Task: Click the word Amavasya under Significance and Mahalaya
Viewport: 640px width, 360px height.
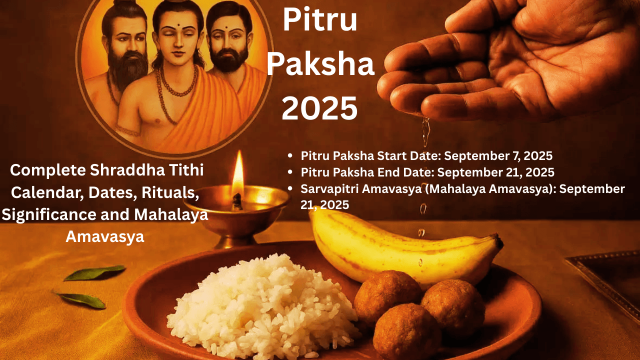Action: click(x=105, y=236)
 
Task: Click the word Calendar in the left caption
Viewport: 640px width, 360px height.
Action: click(x=45, y=192)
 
